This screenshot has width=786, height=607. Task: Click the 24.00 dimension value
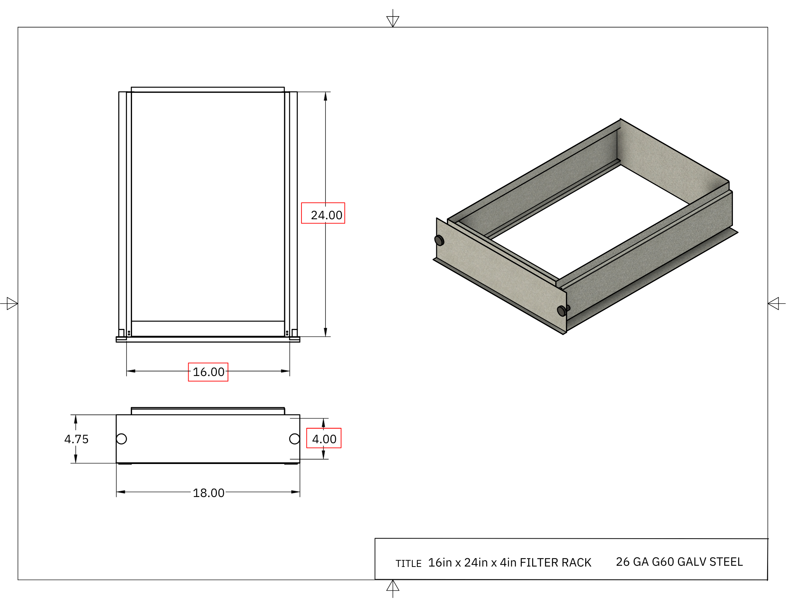pos(326,215)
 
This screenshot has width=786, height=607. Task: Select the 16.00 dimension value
pos(208,372)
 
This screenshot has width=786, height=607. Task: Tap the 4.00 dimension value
pos(324,439)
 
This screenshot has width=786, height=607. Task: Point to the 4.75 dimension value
pos(76,439)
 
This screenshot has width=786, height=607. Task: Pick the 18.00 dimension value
pos(208,493)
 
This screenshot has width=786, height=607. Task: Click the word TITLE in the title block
pos(408,563)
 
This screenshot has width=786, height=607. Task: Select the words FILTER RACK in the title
pos(555,563)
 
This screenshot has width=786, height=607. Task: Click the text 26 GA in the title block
pos(632,562)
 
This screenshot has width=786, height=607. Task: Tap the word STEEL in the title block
pos(726,562)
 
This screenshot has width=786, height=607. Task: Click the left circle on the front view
pos(121,439)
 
